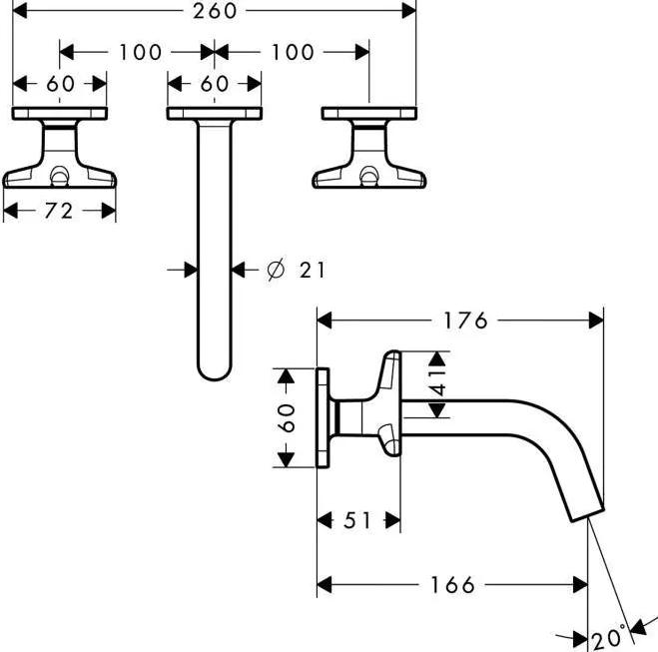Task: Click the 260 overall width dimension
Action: tap(215, 11)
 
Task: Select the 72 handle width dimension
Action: tap(59, 211)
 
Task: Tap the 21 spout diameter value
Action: tap(313, 270)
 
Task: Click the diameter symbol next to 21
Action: tap(276, 270)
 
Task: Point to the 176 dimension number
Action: tap(465, 321)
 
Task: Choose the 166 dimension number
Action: tap(452, 585)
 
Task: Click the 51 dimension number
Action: tap(357, 520)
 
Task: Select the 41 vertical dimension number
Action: tap(437, 383)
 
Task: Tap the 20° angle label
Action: tap(608, 638)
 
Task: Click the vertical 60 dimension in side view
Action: tap(287, 418)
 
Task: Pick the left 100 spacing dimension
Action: tap(140, 53)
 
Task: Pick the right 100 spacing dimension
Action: tap(293, 53)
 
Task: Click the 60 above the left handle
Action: tap(61, 84)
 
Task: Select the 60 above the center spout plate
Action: tap(215, 84)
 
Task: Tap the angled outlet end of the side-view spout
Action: tap(587, 515)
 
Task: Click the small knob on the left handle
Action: tap(59, 176)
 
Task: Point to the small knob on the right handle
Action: tap(369, 176)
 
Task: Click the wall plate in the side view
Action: tap(323, 418)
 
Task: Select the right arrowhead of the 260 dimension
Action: tap(409, 11)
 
